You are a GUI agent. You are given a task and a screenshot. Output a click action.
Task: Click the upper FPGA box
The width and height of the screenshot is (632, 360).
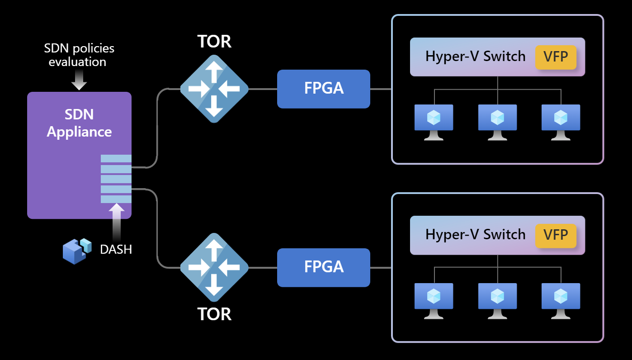coord(324,89)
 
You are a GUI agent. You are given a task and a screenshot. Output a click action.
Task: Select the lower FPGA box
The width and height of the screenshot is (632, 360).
coord(324,267)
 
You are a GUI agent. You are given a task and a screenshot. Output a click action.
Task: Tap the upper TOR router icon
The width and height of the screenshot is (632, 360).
coord(214,89)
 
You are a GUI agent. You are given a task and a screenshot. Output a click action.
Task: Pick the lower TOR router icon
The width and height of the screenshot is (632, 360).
coord(214,267)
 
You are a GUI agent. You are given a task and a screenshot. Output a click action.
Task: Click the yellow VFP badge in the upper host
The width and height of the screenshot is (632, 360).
coord(556,57)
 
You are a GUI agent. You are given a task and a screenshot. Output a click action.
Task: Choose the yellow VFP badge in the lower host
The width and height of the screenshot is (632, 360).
coord(556,236)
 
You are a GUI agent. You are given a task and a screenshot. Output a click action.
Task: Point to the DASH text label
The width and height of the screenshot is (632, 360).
coord(116,249)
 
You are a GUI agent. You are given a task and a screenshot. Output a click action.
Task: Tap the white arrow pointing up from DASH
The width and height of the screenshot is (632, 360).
coord(117,222)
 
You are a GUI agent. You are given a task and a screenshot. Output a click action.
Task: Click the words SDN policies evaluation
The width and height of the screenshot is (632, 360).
coord(79,55)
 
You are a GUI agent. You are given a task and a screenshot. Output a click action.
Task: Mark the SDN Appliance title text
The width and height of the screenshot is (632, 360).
coord(79,123)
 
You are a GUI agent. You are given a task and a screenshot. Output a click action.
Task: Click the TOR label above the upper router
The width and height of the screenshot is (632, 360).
coord(214,42)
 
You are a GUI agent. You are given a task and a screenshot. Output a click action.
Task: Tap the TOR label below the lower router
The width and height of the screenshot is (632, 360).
coord(214,314)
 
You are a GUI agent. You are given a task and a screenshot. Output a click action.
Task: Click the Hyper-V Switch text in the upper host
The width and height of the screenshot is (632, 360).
coord(475,57)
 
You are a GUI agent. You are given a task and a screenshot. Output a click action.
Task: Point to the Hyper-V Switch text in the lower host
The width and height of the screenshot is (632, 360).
coord(475,235)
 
